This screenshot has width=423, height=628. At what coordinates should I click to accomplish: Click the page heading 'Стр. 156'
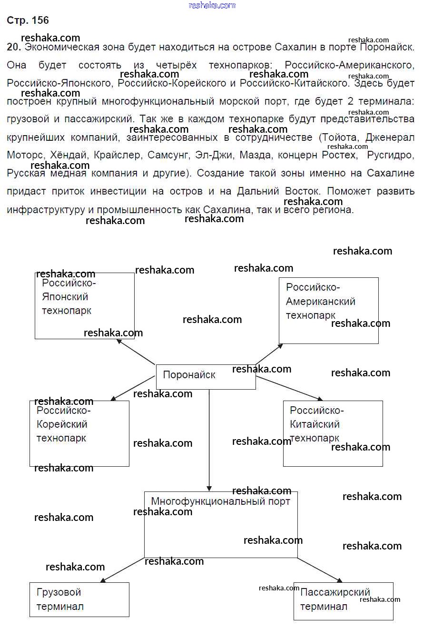pyautogui.click(x=28, y=20)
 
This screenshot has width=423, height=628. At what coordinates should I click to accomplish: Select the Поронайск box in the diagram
pyautogui.click(x=206, y=376)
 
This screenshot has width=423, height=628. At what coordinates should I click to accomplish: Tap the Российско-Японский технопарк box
pyautogui.click(x=85, y=305)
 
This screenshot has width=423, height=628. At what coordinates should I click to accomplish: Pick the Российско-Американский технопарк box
pyautogui.click(x=328, y=310)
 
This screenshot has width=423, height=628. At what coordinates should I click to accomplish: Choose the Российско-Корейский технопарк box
pyautogui.click(x=79, y=433)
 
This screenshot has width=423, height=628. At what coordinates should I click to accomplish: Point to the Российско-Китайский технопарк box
pyautogui.click(x=333, y=433)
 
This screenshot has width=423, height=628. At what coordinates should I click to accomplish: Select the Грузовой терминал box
pyautogui.click(x=79, y=599)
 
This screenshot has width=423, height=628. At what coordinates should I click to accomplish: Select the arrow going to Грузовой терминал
pyautogui.click(x=122, y=569)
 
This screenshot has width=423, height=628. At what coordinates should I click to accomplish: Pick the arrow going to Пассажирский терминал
pyautogui.click(x=319, y=569)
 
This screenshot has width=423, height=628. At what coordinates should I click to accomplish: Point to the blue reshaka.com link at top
pyautogui.click(x=212, y=5)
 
